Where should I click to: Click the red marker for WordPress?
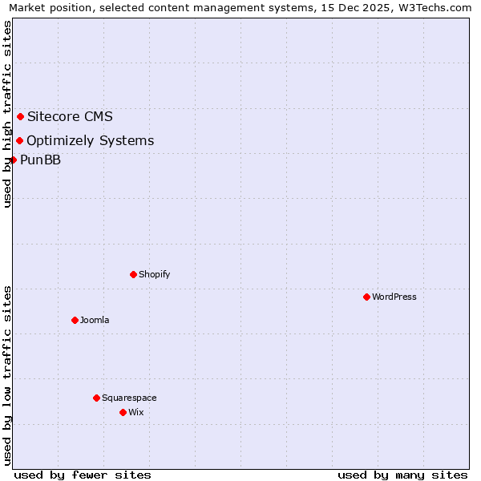pos(366,297)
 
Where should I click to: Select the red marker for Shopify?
pos(133,274)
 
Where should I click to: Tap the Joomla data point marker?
pos(75,320)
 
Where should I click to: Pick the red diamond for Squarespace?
pos(96,398)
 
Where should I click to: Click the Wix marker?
pos(123,412)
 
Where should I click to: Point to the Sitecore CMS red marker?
pos(20,116)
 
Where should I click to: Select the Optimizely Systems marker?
pos(19,141)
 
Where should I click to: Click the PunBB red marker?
pos(13,160)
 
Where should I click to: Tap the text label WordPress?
pos(394,297)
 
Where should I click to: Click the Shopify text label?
pos(155,274)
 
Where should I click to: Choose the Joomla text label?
pos(95,320)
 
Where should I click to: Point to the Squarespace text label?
pos(129,398)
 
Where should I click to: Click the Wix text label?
pos(136,412)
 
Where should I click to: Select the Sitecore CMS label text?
pos(70,116)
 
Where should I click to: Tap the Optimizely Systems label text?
pos(90,141)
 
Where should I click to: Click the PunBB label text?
pos(40,160)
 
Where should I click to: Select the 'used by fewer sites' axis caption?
pos(83,475)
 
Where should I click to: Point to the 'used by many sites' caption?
pos(402,475)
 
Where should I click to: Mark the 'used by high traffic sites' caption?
pos(8,114)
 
